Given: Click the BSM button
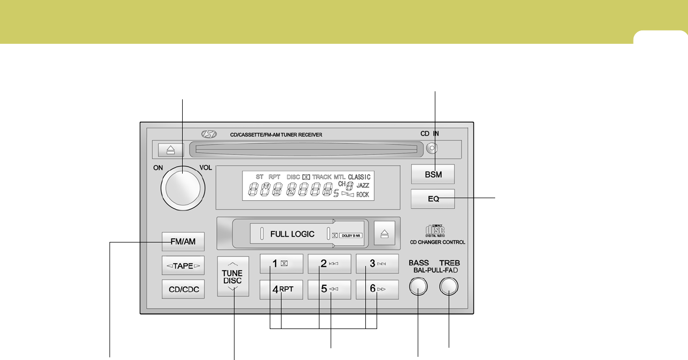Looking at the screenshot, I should pyautogui.click(x=433, y=174).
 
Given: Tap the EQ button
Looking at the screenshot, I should pyautogui.click(x=433, y=199).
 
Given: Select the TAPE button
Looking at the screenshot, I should pyautogui.click(x=183, y=265).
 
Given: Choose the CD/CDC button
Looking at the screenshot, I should pyautogui.click(x=183, y=289).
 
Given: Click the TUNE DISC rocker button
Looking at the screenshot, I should pyautogui.click(x=233, y=276).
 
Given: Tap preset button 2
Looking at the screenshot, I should pyautogui.click(x=329, y=263).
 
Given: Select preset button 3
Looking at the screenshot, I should pyautogui.click(x=378, y=263).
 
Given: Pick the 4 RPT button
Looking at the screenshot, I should pyautogui.click(x=282, y=289).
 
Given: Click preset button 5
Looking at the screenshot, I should pyautogui.click(x=329, y=289).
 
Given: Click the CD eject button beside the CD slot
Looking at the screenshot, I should pyautogui.click(x=170, y=150).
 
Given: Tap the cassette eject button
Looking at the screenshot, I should pyautogui.click(x=385, y=233).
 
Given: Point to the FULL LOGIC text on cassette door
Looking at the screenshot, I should pyautogui.click(x=292, y=234).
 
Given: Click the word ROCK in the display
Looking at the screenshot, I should pyautogui.click(x=363, y=195).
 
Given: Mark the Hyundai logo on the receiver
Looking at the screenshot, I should pyautogui.click(x=207, y=135).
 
